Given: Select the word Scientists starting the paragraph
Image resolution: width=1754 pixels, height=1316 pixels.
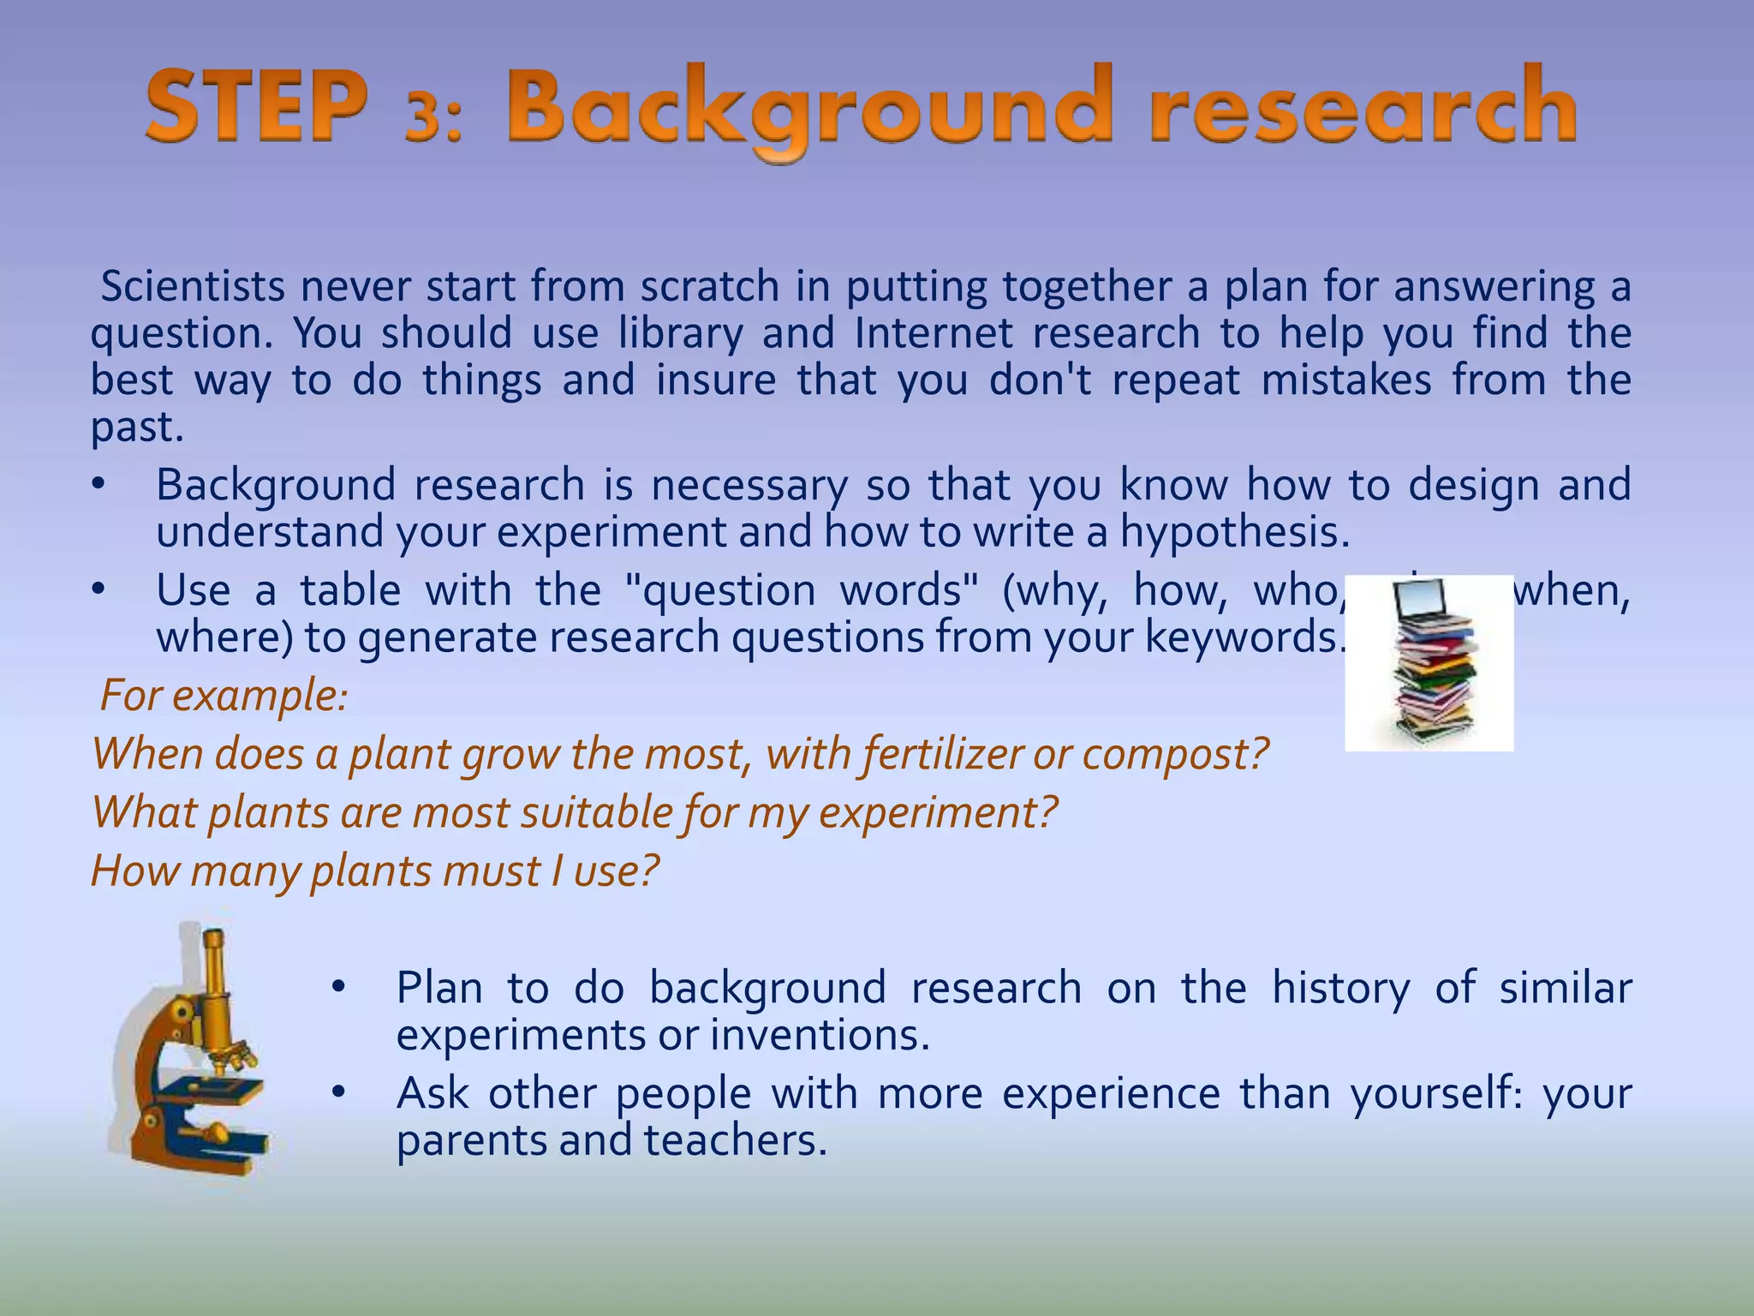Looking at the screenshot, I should (x=193, y=286).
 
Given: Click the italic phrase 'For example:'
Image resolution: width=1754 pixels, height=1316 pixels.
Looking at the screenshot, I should (x=224, y=695).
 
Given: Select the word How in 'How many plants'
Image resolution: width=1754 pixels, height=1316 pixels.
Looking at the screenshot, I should (x=135, y=870).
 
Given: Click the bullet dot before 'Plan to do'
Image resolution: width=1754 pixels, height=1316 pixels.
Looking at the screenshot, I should (x=338, y=988).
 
